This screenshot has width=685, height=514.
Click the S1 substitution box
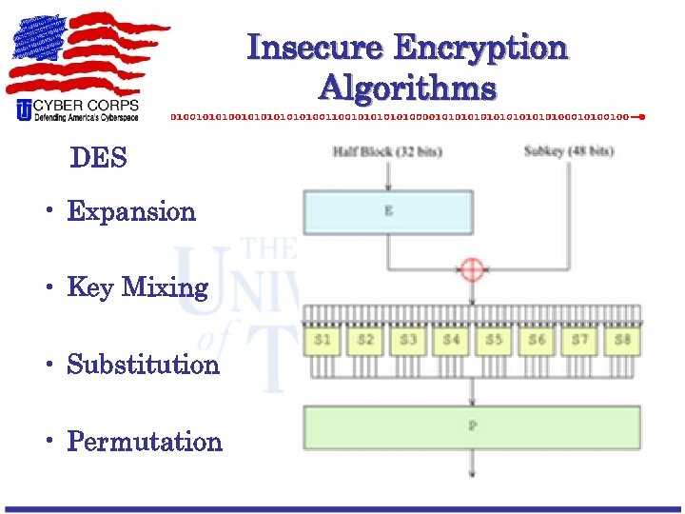pyautogui.click(x=323, y=340)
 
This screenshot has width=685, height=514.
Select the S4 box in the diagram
pyautogui.click(x=451, y=340)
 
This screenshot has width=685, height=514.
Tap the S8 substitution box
pyautogui.click(x=622, y=340)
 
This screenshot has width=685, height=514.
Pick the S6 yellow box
pyautogui.click(x=537, y=340)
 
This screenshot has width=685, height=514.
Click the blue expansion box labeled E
pyautogui.click(x=387, y=211)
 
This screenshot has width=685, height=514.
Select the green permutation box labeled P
pyautogui.click(x=472, y=426)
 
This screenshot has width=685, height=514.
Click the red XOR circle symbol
pyautogui.click(x=473, y=269)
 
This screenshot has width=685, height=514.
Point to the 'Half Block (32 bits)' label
pyautogui.click(x=387, y=152)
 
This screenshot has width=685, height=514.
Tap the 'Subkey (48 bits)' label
pyautogui.click(x=569, y=152)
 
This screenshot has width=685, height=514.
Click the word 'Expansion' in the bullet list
pyautogui.click(x=131, y=211)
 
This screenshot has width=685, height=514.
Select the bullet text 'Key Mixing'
pyautogui.click(x=138, y=287)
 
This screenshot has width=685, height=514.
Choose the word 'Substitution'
pyautogui.click(x=143, y=365)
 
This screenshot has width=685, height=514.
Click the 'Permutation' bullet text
pyautogui.click(x=145, y=442)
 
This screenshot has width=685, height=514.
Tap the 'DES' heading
pyautogui.click(x=98, y=158)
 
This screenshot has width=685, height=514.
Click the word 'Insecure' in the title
pyautogui.click(x=315, y=48)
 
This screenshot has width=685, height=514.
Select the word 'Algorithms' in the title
pyautogui.click(x=407, y=89)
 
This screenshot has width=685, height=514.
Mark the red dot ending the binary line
pyautogui.click(x=642, y=117)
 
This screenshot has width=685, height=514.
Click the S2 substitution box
pyautogui.click(x=365, y=340)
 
